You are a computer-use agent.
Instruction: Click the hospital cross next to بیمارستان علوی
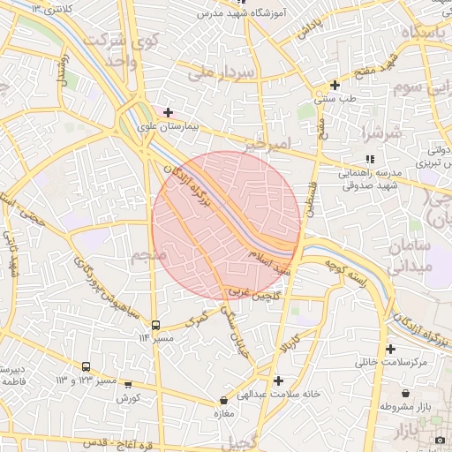(168, 112)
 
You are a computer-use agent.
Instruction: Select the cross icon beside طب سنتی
(335, 86)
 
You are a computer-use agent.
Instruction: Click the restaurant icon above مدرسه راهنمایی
(370, 160)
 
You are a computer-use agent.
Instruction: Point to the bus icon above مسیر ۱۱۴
(156, 325)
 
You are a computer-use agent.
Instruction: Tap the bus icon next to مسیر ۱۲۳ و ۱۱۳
(86, 366)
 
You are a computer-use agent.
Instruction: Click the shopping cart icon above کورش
(129, 385)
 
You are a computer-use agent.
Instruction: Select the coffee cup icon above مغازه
(222, 398)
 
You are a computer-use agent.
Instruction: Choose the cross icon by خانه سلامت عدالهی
(279, 380)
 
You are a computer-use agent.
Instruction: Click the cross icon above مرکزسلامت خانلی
(390, 349)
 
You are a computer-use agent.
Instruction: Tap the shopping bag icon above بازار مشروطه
(405, 393)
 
